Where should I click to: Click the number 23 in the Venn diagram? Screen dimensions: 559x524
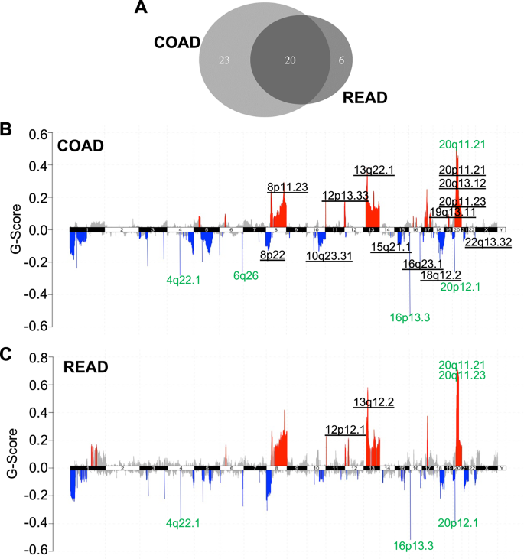[224, 60]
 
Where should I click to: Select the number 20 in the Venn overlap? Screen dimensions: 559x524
[290, 60]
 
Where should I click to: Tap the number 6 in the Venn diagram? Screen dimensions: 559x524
[340, 60]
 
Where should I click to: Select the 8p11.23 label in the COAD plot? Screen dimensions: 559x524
[287, 187]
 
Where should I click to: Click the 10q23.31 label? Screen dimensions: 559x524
[330, 256]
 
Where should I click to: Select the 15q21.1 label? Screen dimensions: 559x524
[391, 246]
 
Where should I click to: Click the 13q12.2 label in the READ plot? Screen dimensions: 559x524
[373, 401]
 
